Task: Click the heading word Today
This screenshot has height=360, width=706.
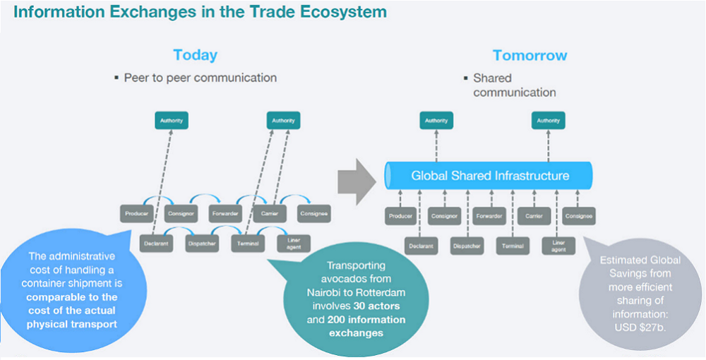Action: tap(195, 55)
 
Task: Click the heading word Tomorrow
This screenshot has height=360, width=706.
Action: tap(529, 55)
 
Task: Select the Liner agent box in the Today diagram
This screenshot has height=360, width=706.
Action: tap(293, 244)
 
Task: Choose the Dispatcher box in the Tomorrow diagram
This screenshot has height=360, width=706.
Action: tap(467, 246)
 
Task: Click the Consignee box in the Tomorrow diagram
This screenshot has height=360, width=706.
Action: tap(578, 216)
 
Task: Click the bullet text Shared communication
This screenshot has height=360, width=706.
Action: tap(514, 85)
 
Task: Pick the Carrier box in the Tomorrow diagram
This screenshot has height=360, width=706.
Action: tap(534, 216)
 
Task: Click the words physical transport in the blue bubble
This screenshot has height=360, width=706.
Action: tap(72, 324)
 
